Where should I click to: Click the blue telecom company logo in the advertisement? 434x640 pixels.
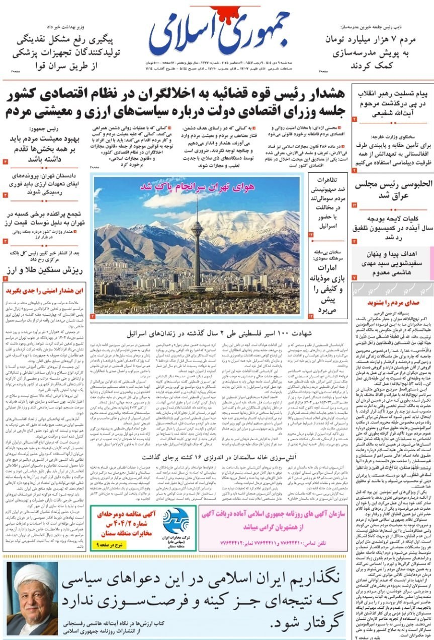[176, 521]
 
